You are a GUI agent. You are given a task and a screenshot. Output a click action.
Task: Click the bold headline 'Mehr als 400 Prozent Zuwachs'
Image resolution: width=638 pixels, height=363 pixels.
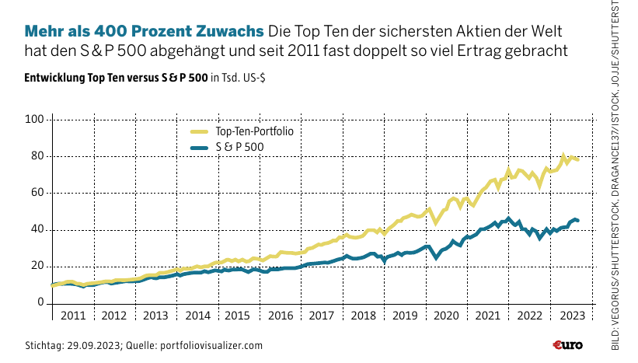(x=144, y=32)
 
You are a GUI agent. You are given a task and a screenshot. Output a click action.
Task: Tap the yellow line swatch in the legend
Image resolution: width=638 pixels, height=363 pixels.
(x=200, y=131)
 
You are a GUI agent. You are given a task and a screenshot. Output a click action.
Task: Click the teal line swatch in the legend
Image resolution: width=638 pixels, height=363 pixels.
(x=200, y=146)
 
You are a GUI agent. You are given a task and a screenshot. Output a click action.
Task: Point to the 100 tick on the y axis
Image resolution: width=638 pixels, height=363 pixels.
(x=36, y=120)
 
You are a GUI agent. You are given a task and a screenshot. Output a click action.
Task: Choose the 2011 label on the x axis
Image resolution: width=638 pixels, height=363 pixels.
(x=72, y=316)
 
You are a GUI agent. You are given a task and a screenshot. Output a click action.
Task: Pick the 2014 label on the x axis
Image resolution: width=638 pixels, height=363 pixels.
(x=197, y=316)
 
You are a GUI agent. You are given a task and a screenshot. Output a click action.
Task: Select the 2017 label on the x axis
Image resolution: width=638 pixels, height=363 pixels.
(x=322, y=316)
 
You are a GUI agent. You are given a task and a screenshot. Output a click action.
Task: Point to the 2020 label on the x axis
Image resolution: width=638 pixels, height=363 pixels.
(x=447, y=316)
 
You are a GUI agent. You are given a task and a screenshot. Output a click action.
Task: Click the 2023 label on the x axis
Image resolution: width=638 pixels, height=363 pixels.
(x=571, y=316)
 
